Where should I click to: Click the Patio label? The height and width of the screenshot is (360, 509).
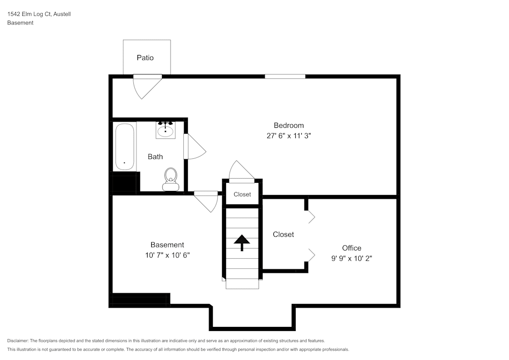[145, 58]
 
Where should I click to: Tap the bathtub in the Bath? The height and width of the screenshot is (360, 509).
[125, 147]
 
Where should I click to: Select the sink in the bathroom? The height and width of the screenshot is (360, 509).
[165, 130]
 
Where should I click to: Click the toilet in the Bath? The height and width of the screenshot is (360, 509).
[171, 179]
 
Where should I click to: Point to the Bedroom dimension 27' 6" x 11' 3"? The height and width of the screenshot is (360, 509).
[289, 136]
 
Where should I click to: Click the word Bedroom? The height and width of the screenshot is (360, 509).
[289, 125]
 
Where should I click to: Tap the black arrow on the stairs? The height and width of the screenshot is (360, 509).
[242, 242]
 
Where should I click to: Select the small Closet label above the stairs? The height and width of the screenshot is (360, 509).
[242, 195]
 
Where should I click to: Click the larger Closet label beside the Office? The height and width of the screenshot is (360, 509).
[283, 234]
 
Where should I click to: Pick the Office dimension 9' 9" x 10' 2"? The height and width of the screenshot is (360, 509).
[352, 258]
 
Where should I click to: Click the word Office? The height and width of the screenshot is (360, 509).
[352, 248]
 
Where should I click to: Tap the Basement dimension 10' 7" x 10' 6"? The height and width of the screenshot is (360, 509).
[167, 255]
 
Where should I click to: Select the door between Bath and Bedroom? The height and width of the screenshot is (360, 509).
[193, 148]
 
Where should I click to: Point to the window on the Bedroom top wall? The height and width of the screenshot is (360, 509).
[285, 76]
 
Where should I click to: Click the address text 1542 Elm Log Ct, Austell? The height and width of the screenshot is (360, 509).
[39, 14]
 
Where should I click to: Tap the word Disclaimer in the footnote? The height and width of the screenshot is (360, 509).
[18, 341]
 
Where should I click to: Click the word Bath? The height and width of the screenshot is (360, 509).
[155, 156]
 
